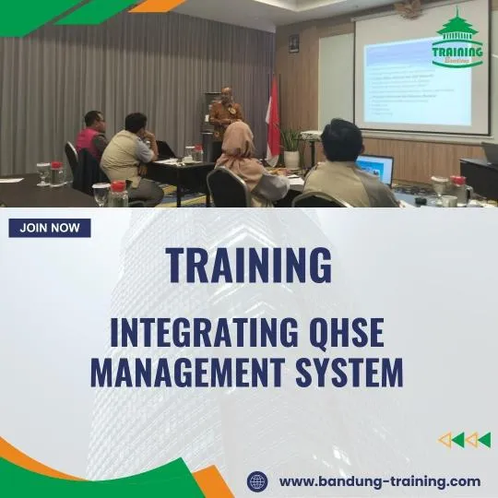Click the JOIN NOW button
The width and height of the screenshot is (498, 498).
(50, 228)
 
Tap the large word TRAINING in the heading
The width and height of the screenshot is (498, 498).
(249, 265)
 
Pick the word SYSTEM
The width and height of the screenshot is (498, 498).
(354, 373)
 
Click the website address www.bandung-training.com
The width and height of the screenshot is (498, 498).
(379, 480)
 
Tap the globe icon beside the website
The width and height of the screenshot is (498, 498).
(257, 480)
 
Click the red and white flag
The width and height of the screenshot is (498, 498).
(273, 120)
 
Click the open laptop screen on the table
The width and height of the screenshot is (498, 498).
(375, 169)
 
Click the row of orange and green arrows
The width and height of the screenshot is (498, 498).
(464, 440)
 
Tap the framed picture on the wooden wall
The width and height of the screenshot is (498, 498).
(293, 42)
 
